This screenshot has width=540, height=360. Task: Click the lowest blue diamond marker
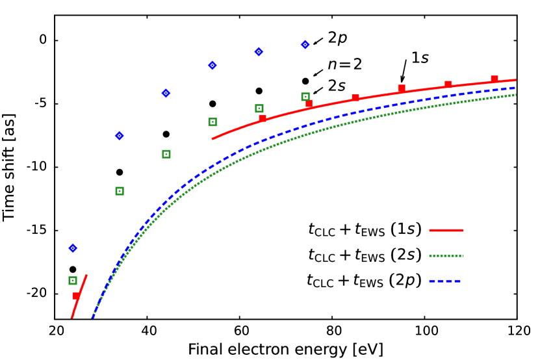[73, 248]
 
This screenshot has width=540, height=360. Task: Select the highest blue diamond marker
[305, 44]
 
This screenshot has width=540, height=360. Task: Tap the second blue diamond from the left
[120, 136]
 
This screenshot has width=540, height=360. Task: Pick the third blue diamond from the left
[166, 93]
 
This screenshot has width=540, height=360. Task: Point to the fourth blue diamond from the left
[212, 65]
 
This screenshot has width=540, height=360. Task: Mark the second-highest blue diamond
[259, 51]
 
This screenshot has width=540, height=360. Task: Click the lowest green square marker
[73, 280]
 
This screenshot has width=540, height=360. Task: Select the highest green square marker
[305, 97]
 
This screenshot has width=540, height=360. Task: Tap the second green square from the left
[120, 191]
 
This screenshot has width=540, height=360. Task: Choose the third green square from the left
[166, 154]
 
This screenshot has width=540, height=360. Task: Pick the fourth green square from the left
[212, 122]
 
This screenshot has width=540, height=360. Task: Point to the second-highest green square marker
[259, 109]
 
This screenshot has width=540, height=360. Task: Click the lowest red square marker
[76, 296]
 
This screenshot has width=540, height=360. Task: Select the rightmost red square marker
[495, 79]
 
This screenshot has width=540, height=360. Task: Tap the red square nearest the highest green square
[309, 103]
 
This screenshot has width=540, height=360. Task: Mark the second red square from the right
[448, 84]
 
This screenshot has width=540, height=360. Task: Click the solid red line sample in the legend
[446, 230]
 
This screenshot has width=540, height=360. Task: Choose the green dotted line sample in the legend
[446, 255]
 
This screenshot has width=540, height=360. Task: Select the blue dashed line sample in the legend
[446, 281]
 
